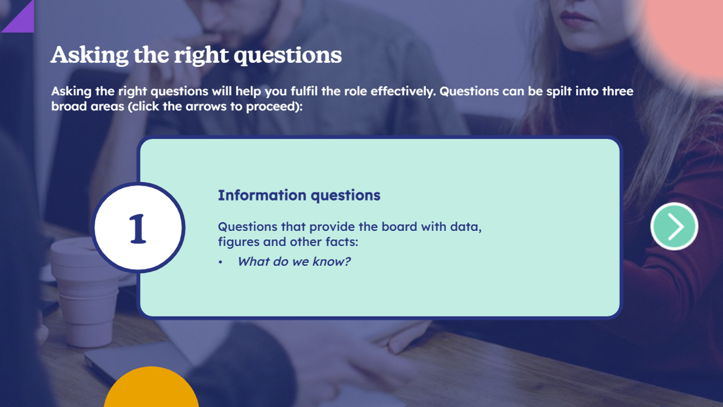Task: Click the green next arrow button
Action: tap(674, 226)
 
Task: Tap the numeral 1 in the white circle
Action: tap(138, 229)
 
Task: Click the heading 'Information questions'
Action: tap(299, 195)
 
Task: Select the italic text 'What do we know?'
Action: tap(294, 261)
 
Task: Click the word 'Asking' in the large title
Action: tap(89, 55)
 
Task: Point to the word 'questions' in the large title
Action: tap(287, 55)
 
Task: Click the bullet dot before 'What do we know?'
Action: tap(221, 262)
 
